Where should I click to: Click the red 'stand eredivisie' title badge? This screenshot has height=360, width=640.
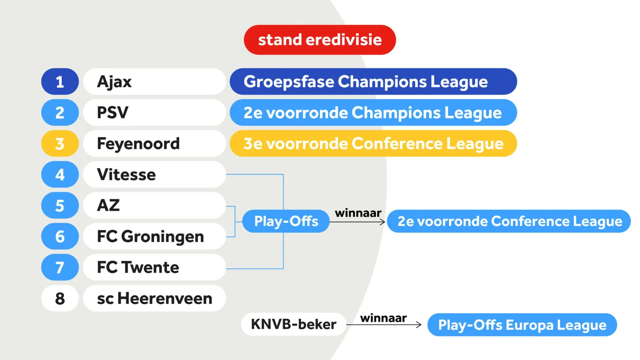tap(320, 40)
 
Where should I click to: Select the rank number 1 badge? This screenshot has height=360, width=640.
tap(60, 82)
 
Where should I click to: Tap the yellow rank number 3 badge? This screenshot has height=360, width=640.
tap(60, 144)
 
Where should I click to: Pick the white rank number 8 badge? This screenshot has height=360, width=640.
tap(60, 298)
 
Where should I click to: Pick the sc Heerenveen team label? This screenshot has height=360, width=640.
tap(154, 298)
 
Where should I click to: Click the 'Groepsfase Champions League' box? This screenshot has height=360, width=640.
tap(373, 82)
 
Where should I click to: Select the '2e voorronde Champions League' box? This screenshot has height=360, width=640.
tap(373, 113)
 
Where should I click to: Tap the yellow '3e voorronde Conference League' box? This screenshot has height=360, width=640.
tap(373, 144)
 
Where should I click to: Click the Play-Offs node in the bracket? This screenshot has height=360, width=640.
tap(286, 221)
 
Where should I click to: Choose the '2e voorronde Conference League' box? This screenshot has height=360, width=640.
tap(509, 221)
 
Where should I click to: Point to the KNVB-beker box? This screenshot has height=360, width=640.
tap(293, 324)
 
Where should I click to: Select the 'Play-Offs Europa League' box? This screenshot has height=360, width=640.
tap(522, 325)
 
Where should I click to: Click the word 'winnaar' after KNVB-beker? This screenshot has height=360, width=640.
tap(383, 318)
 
